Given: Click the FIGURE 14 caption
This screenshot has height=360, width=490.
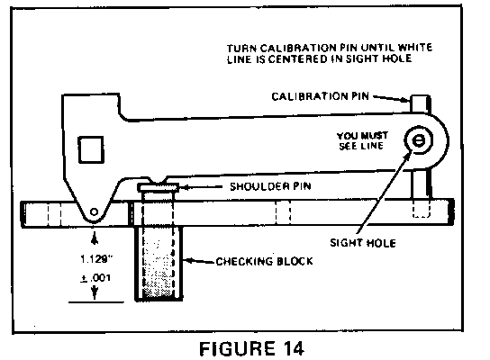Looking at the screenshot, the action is tap(251, 348).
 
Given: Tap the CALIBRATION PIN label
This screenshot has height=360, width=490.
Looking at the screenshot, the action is tap(321, 96).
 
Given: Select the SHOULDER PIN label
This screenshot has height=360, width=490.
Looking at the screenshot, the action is tap(270, 186).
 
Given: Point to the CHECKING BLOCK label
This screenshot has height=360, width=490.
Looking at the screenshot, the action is tap(265, 261).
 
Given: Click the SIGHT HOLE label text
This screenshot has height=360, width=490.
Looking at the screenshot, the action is tap(363, 243).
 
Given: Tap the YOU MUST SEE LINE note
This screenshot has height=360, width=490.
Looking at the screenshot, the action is tap(362, 140).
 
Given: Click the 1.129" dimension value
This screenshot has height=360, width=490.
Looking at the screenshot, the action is tap(96, 259).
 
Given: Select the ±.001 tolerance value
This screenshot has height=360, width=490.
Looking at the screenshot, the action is tap(95, 277).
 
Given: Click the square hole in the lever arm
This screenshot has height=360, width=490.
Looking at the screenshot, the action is tap(91, 149).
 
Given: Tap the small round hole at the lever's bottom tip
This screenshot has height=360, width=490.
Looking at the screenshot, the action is tap(94, 211).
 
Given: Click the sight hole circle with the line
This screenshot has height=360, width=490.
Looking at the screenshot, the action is tap(419, 140).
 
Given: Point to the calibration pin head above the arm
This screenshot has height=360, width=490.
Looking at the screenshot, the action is tap(421, 103).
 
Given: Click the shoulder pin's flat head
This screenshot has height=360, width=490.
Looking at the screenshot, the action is tap(159, 187).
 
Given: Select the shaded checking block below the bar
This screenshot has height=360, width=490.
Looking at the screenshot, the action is tap(159, 264).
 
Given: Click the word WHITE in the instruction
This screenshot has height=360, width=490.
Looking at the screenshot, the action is tap(415, 48).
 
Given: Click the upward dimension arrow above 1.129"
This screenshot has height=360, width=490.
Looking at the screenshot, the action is tap(95, 239).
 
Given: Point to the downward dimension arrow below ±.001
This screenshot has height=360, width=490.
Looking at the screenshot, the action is tap(95, 292).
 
